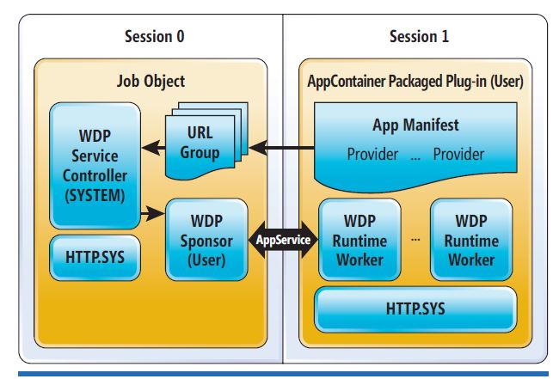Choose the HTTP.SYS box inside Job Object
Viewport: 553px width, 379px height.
(x=94, y=257)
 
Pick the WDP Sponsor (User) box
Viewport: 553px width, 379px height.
(x=206, y=239)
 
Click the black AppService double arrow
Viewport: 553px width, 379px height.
(x=283, y=240)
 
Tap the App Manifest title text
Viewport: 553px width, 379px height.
(x=415, y=125)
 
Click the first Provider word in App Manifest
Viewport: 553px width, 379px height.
(x=372, y=155)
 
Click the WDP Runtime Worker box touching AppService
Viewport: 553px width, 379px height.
(x=359, y=239)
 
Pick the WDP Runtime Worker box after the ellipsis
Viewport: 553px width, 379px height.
(x=471, y=239)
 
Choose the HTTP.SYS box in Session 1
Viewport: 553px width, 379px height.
(x=415, y=308)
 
